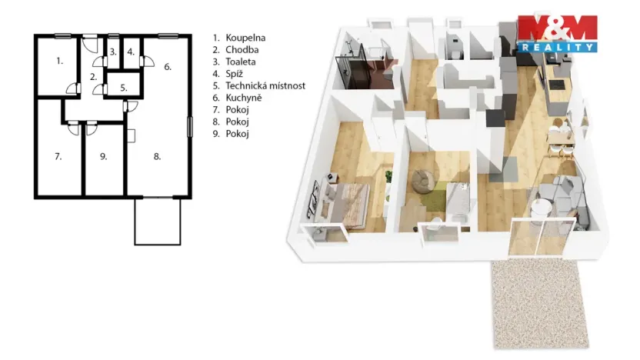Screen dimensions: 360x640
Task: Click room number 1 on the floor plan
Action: [58, 59]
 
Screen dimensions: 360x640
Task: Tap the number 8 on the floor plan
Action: [157, 156]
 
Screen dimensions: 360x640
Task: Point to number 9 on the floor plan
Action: [104, 156]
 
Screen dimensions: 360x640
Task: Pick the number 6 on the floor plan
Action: [167, 66]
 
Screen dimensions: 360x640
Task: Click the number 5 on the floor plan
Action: [123, 87]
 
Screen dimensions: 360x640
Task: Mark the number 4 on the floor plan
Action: [131, 52]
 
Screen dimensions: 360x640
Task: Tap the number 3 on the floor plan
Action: [112, 52]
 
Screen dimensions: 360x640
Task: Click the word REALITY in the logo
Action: [557, 48]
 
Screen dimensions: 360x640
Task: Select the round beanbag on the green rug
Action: [422, 182]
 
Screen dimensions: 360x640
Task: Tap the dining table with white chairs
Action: [561, 138]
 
